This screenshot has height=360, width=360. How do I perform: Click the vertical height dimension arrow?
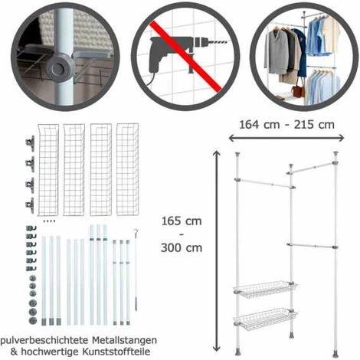218,245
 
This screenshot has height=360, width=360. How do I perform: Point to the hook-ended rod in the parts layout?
136,268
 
